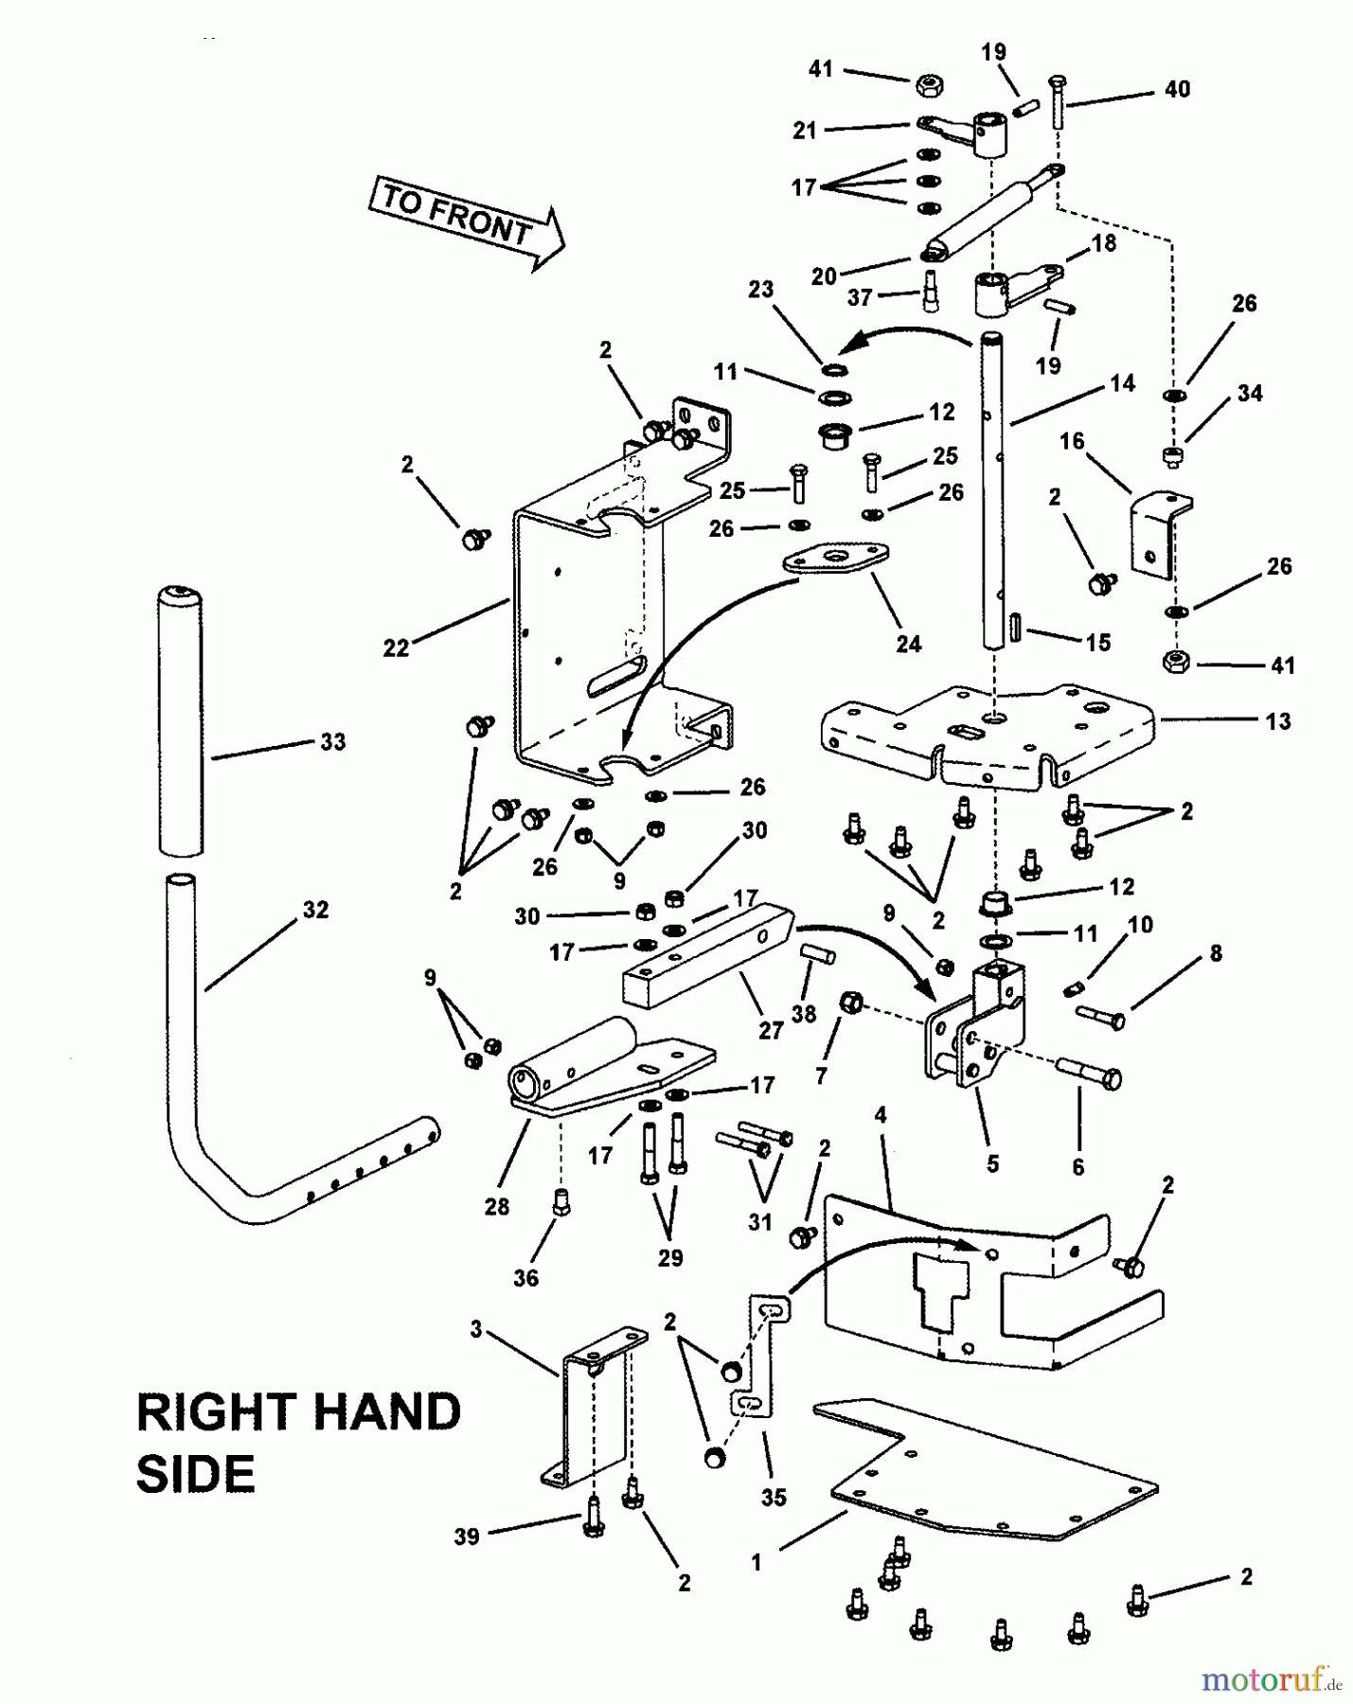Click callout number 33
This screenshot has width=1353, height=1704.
(x=332, y=742)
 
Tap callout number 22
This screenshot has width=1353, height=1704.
(x=396, y=648)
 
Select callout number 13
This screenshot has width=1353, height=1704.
(x=1277, y=721)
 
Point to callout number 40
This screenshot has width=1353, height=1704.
(x=1177, y=89)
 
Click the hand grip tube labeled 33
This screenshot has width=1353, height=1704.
(x=180, y=719)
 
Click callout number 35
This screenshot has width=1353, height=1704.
(x=774, y=1499)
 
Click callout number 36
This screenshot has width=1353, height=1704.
(x=525, y=1278)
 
